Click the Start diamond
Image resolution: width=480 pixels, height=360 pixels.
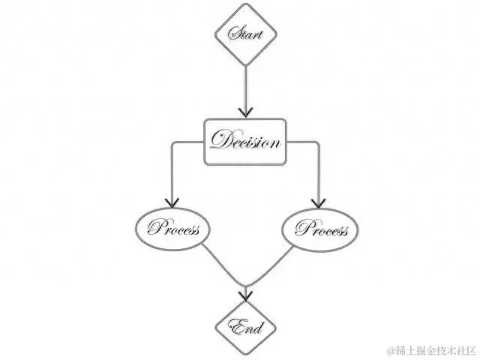coord(246,34)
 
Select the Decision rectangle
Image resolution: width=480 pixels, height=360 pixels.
coord(246,141)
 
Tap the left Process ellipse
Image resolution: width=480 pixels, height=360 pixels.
coord(173,228)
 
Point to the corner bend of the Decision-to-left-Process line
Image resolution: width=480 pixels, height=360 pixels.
coord(172,142)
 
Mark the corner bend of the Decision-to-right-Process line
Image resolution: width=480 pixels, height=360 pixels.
coord(320,142)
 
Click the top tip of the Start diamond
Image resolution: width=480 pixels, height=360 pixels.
coord(246,4)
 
